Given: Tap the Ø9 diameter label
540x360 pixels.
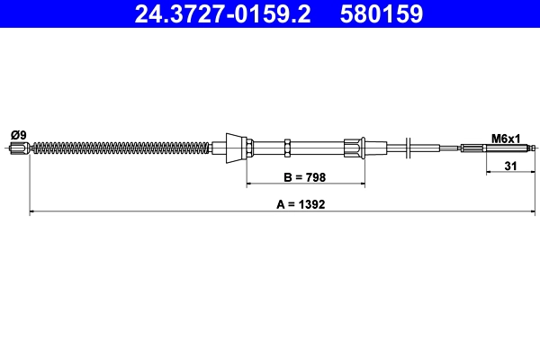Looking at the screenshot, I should coord(18,135).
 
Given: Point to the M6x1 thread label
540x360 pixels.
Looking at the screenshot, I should coord(507,138).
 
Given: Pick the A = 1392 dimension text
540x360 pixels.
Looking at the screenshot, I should coord(300,204).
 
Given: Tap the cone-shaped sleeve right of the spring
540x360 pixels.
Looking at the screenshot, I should coord(234,147).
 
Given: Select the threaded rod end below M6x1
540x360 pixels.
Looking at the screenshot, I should coord(504,148).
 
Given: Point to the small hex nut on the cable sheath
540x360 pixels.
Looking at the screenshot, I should coord(286,147).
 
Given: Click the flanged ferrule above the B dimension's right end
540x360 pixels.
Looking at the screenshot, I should coord(354,147).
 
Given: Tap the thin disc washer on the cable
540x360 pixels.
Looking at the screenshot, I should coord(409,147).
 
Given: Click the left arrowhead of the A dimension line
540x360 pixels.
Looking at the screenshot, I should coord(33,212).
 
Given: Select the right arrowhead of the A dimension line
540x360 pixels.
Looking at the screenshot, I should coord(533,212).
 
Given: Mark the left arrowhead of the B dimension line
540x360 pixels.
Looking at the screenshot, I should coord(250,184).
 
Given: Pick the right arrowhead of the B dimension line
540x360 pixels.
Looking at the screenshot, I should coord(362,184).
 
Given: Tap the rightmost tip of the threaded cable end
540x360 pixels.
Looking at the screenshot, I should coord(535,148).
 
